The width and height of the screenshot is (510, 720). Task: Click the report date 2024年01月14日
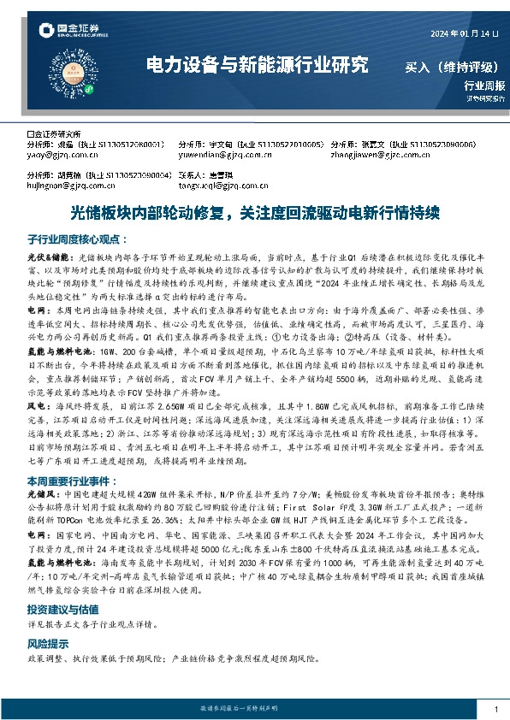coord(463,33)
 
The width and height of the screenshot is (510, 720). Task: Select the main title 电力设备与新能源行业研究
coord(257,65)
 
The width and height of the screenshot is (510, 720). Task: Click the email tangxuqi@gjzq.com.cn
coord(215,183)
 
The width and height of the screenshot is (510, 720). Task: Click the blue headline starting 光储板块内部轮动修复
coord(254,211)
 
